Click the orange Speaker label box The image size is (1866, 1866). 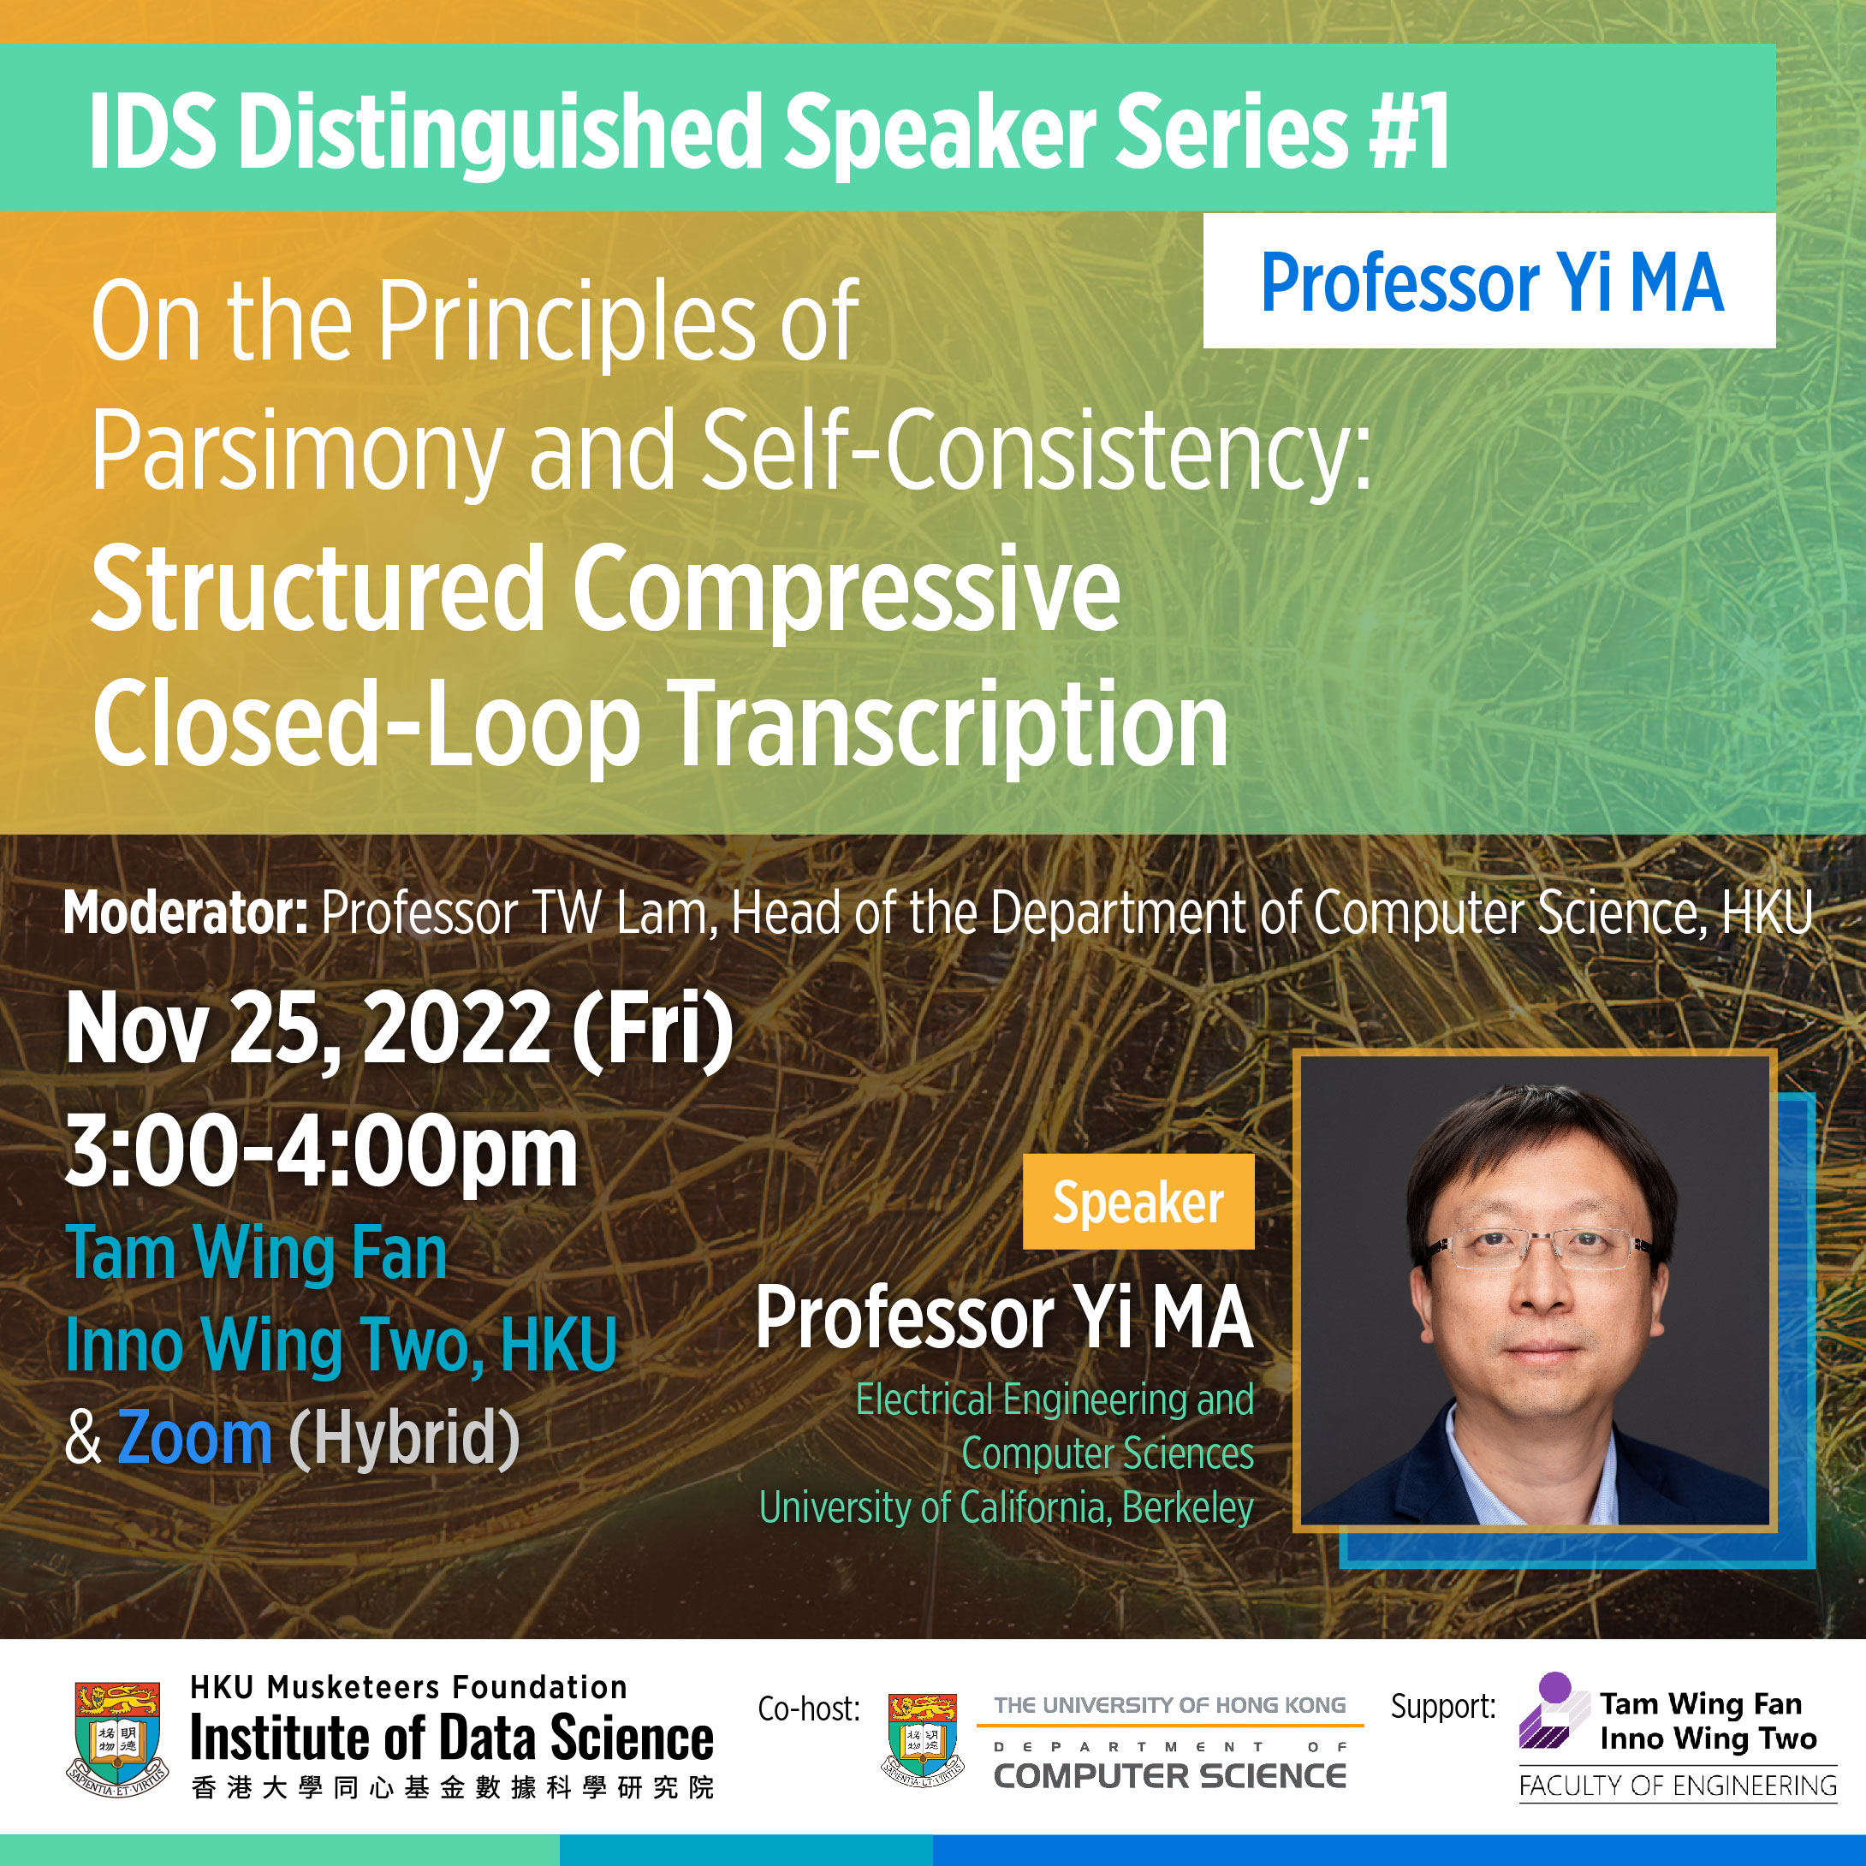point(1138,1202)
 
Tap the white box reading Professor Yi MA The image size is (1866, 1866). point(1489,280)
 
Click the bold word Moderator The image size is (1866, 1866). point(186,912)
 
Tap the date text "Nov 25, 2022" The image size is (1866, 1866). point(309,1030)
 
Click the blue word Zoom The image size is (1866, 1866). point(195,1437)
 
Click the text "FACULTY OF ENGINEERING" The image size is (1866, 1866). point(1678,1786)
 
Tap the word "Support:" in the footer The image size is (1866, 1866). point(1443,1708)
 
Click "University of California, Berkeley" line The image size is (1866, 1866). point(1007,1507)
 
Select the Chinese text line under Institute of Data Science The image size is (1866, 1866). point(453,1788)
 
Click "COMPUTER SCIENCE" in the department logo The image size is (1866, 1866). point(1169,1776)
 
